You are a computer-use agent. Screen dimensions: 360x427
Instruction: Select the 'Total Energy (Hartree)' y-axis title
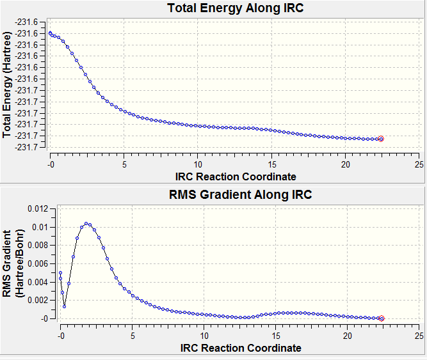click(x=8, y=86)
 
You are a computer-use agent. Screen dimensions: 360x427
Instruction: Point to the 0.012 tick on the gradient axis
click(x=35, y=208)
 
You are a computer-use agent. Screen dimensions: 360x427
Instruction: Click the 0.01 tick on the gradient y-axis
click(x=38, y=227)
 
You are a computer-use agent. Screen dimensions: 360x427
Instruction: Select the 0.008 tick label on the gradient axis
click(x=35, y=245)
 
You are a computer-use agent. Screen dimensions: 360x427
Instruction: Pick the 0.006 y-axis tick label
click(x=35, y=263)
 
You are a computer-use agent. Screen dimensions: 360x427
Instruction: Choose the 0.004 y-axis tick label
click(x=35, y=281)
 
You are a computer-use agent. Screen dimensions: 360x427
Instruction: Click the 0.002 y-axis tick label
click(x=35, y=300)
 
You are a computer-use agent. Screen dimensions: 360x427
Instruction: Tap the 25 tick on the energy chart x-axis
click(x=419, y=164)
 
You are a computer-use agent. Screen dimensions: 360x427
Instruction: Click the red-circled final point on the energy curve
click(x=381, y=139)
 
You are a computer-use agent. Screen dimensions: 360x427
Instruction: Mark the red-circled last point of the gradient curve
click(x=382, y=318)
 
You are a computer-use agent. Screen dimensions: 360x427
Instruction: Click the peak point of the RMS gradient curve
click(x=86, y=224)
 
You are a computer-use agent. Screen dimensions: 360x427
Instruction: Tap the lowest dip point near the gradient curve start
click(x=65, y=307)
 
